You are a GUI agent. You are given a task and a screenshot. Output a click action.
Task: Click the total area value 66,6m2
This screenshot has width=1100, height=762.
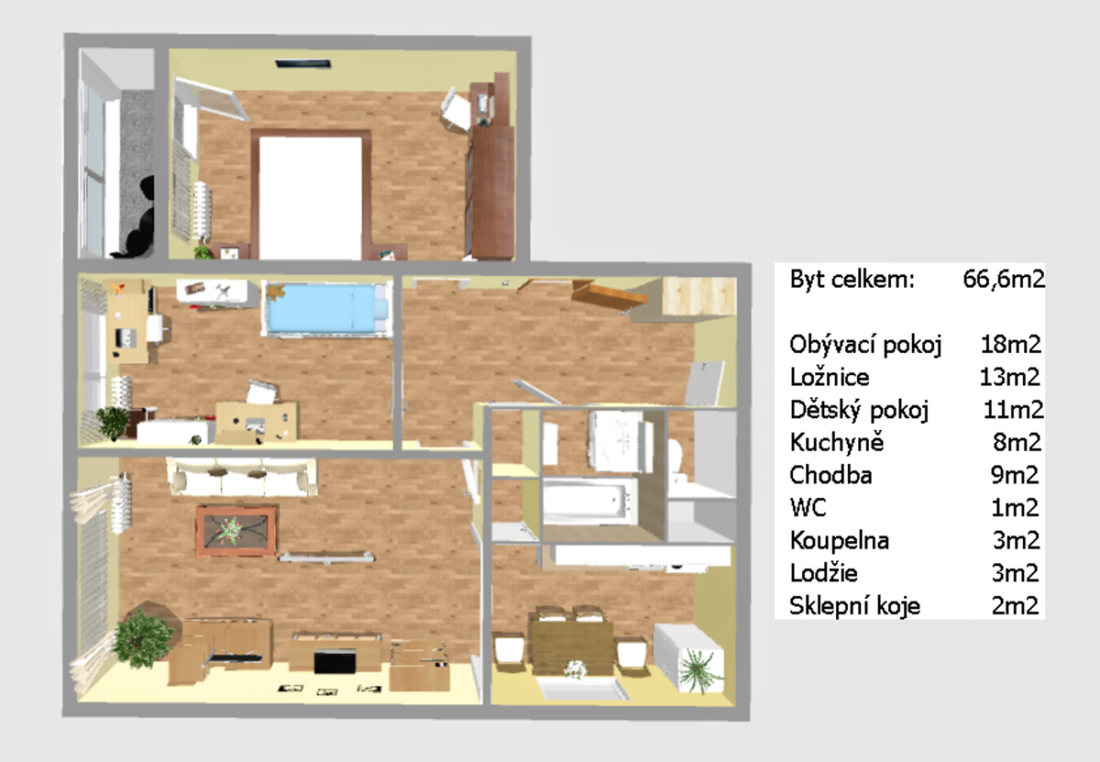(1004, 279)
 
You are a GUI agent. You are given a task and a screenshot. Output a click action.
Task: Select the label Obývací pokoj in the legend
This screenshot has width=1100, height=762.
(865, 345)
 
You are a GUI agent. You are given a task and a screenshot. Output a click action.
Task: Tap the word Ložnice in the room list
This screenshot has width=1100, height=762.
(830, 377)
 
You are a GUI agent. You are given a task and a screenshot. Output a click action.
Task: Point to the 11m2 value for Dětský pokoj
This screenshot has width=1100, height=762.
(1013, 410)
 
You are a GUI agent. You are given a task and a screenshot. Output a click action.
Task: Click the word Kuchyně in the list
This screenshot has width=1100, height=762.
(837, 442)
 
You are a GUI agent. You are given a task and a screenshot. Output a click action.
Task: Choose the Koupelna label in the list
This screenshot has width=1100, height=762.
(840, 540)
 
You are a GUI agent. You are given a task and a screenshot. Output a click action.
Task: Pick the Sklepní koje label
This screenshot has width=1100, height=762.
(854, 606)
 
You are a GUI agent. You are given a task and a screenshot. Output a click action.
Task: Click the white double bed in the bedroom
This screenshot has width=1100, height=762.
(311, 197)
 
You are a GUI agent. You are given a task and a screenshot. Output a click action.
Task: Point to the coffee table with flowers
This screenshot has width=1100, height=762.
(236, 531)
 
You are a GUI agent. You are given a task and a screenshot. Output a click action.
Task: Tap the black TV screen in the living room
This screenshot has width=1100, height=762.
(335, 661)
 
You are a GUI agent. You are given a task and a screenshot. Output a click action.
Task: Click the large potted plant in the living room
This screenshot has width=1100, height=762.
(142, 639)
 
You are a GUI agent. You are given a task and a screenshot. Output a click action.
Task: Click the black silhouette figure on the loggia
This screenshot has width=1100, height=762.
(138, 217)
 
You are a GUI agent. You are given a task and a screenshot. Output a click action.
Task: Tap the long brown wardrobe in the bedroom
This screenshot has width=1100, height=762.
(492, 192)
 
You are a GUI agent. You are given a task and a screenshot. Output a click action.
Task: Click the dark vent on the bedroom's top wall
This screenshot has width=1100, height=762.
(303, 64)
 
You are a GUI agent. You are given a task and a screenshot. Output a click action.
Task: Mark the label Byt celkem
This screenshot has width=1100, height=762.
(852, 280)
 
